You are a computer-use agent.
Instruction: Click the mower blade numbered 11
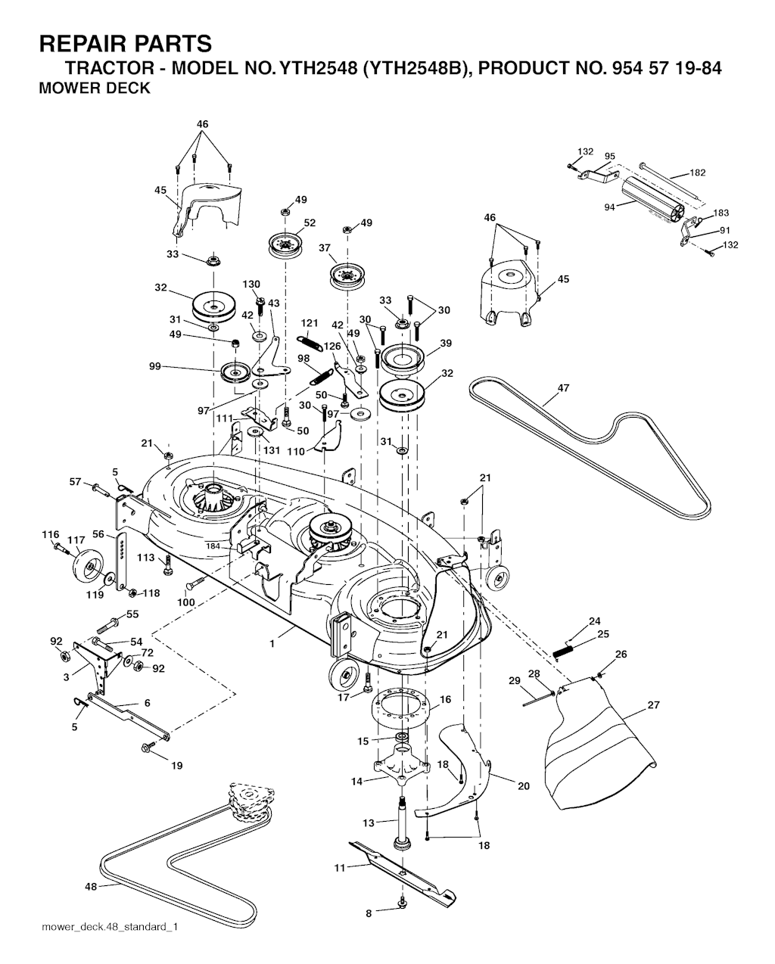pyautogui.click(x=401, y=870)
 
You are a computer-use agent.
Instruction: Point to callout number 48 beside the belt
pyautogui.click(x=91, y=886)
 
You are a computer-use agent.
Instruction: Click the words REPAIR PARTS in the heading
pyautogui.click(x=125, y=42)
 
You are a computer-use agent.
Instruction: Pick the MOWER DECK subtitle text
pyautogui.click(x=94, y=89)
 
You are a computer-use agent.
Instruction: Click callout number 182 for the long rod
pyautogui.click(x=697, y=173)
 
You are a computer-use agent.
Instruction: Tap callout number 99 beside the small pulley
pyautogui.click(x=155, y=366)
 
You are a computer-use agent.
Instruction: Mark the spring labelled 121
pyautogui.click(x=310, y=342)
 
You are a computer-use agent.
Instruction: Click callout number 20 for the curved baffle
pyautogui.click(x=523, y=786)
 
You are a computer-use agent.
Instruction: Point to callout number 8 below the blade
pyautogui.click(x=369, y=913)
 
